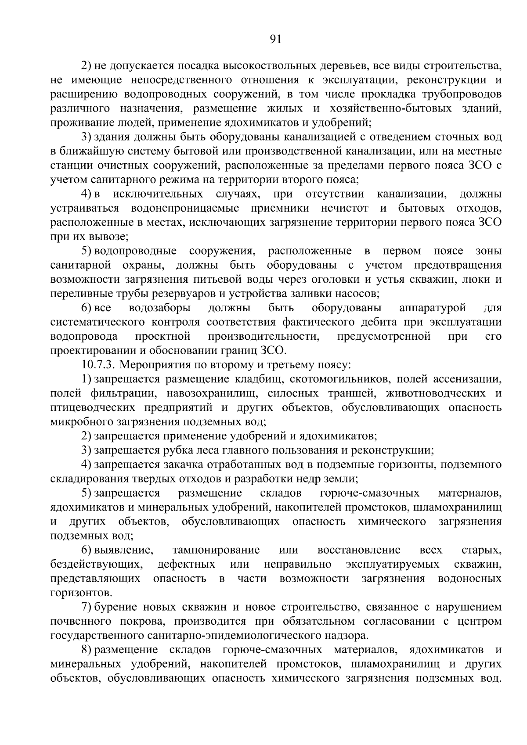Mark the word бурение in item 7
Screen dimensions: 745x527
[x=116, y=607]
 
